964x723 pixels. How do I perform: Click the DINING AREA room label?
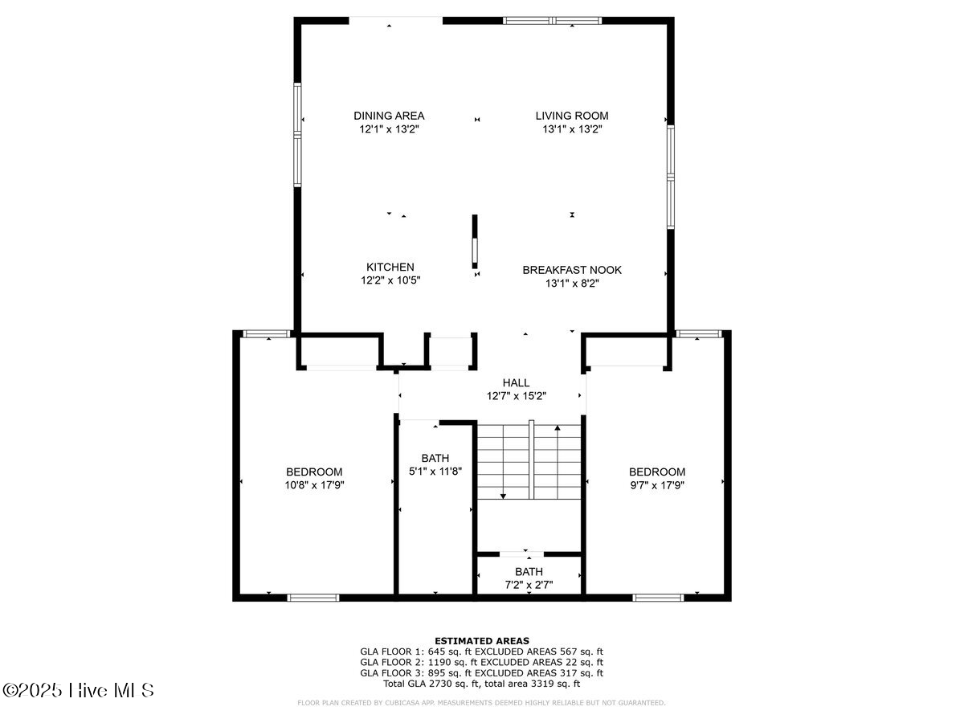coord(389,116)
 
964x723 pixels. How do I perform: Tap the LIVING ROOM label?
coord(572,116)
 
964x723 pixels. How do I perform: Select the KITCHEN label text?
coord(390,267)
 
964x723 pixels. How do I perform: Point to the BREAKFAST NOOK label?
coord(572,270)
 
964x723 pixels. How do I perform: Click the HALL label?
coord(516,383)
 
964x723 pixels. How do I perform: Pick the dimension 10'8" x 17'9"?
coord(314,484)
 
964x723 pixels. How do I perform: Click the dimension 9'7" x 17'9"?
coord(656,484)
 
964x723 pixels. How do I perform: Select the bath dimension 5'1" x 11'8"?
coord(435,471)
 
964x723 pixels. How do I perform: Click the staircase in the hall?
coord(529,461)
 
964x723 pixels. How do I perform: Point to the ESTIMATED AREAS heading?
coord(481,640)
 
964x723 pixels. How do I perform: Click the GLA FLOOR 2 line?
coord(481,662)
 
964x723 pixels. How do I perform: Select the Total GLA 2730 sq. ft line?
coord(481,684)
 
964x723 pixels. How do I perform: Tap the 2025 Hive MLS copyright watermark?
coord(78,690)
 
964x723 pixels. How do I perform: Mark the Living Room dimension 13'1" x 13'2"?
coord(572,129)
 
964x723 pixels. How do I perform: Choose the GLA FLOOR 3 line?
coord(481,673)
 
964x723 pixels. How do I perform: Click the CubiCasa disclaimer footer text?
coord(481,703)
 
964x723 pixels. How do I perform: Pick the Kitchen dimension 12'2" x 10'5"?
coord(390,280)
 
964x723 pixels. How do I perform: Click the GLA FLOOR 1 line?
coord(481,652)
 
